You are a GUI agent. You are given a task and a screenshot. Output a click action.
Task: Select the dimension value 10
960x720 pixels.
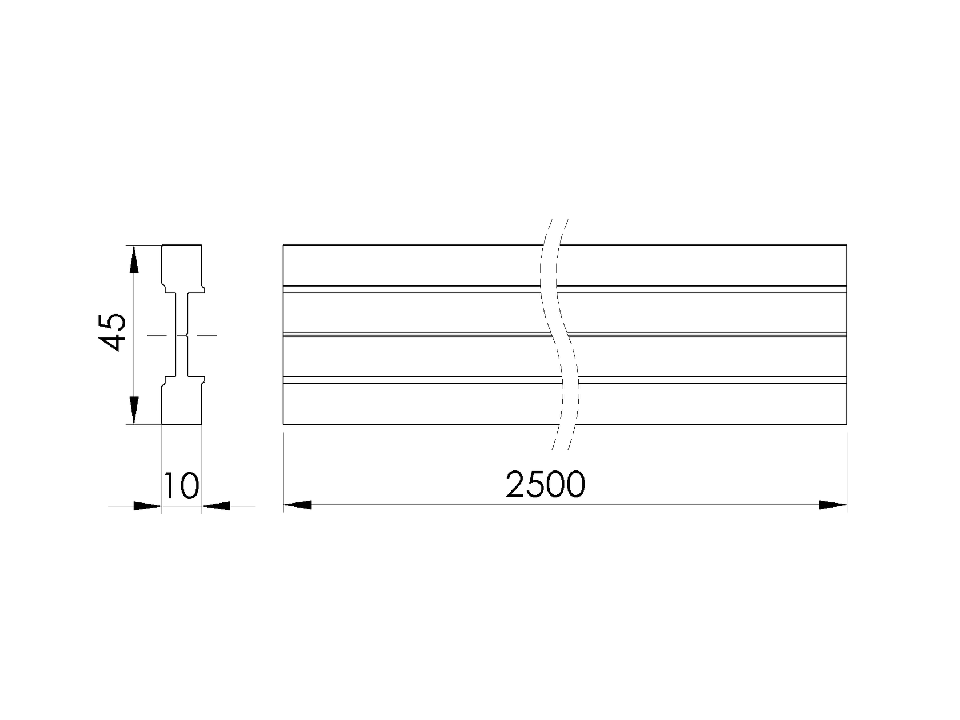click(x=181, y=486)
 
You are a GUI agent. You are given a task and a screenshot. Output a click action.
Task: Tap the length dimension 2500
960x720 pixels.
click(x=546, y=485)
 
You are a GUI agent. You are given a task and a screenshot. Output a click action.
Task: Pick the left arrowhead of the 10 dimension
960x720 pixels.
click(x=147, y=506)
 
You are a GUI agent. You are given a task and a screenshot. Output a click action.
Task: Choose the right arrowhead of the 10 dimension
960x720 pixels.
click(x=216, y=506)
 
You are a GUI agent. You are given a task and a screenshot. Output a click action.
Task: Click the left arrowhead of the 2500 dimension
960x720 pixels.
click(x=298, y=505)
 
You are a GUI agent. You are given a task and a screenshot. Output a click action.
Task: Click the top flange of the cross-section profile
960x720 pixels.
click(x=182, y=266)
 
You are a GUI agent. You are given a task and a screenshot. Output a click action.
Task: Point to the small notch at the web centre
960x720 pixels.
click(x=187, y=335)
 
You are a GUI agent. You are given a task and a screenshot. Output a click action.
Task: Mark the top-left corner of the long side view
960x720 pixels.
click(x=283, y=246)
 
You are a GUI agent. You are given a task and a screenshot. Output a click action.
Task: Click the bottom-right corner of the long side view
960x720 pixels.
click(x=846, y=424)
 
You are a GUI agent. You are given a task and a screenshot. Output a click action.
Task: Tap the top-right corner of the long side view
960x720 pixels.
click(x=846, y=246)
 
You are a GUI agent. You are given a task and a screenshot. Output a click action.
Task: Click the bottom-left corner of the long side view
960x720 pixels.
click(x=283, y=424)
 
